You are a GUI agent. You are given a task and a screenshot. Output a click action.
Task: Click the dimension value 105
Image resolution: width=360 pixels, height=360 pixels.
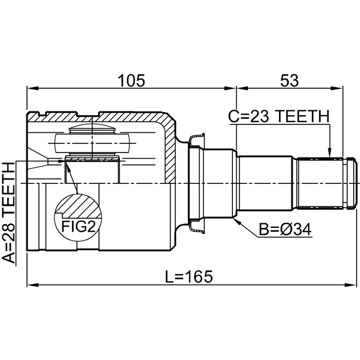[132, 80]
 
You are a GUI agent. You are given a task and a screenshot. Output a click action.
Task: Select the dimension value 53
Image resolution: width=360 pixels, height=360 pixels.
[290, 80]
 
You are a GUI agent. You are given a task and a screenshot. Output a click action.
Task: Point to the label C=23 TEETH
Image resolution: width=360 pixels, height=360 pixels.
[278, 116]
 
